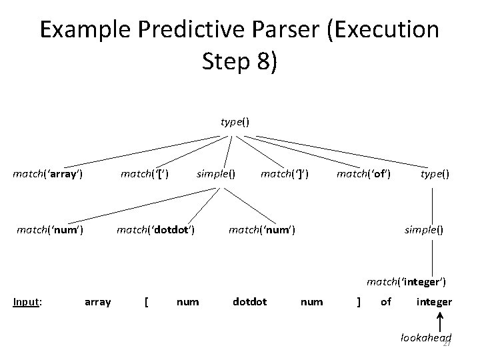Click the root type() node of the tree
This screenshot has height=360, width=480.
point(235,122)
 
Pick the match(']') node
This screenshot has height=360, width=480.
point(283,175)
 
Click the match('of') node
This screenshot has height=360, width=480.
point(363,175)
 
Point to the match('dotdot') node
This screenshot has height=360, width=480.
point(155,231)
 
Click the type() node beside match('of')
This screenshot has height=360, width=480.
point(434,175)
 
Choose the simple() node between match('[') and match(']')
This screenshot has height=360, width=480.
point(215,175)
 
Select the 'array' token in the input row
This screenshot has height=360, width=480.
point(98,302)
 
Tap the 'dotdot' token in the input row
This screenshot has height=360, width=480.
point(249,302)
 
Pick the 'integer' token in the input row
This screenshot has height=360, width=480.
point(434,302)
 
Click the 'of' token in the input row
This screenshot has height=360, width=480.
point(386,302)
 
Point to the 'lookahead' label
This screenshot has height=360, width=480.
point(425,338)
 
